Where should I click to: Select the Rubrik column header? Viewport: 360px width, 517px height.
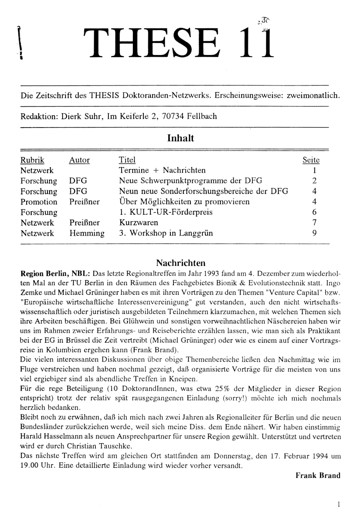coord(32,160)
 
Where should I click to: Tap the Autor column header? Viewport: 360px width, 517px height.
coord(80,160)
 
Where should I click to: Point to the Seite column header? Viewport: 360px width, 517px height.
coord(311,160)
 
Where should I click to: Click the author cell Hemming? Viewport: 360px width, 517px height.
coord(87,233)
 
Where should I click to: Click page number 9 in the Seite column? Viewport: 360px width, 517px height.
coord(315,233)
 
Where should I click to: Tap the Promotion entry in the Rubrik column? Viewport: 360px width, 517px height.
coord(39,202)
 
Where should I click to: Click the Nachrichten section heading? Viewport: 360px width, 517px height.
coord(180,263)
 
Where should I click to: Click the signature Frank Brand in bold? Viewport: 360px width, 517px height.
coord(318,475)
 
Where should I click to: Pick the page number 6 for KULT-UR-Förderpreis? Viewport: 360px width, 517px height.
coord(315,212)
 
